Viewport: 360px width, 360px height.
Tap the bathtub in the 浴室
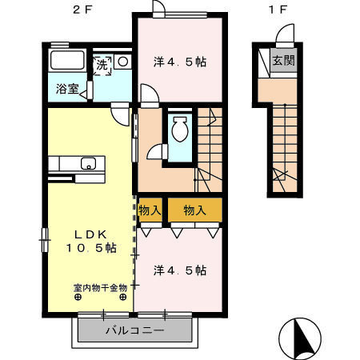click(67, 60)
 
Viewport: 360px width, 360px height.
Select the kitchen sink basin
click(88, 163)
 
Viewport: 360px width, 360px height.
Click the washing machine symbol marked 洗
click(102, 66)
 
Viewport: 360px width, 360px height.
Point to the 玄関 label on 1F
click(283, 61)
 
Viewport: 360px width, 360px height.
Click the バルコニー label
click(134, 330)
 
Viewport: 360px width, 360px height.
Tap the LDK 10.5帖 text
click(91, 241)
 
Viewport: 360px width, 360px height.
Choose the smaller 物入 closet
click(150, 210)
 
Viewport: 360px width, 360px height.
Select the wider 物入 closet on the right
click(195, 210)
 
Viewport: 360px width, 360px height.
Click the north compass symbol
click(300, 338)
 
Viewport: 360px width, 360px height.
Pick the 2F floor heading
click(82, 10)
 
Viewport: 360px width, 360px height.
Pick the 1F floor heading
click(278, 10)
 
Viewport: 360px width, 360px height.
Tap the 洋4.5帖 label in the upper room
click(180, 62)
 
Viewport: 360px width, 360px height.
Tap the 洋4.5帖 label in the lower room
click(180, 270)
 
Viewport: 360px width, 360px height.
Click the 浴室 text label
click(67, 89)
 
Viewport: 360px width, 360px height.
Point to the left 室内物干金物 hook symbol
click(78, 297)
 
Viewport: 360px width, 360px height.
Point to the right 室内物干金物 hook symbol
click(123, 297)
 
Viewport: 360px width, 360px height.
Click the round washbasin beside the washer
click(123, 62)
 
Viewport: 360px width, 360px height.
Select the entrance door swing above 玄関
click(285, 33)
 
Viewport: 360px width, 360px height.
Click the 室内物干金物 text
click(100, 288)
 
